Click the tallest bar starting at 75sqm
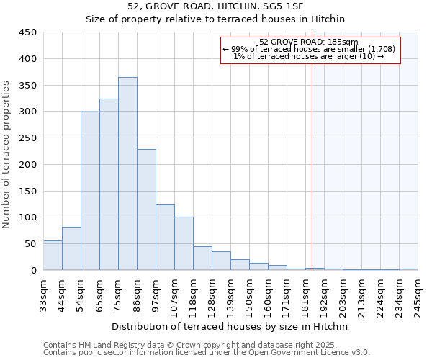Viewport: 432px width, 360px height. (x=127, y=174)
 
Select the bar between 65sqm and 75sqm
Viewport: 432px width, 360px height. (x=109, y=184)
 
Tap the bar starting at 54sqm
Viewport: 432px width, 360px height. (x=90, y=191)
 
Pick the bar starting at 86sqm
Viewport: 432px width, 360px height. (x=146, y=210)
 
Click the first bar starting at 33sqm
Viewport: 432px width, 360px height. (x=53, y=256)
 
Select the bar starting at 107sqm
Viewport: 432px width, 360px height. (x=184, y=243)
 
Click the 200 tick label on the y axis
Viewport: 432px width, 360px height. (x=29, y=164)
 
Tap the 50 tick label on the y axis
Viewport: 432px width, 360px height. (x=32, y=243)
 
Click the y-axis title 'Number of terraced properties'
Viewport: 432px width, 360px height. (x=6, y=155)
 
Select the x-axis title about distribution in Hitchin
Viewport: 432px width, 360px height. (x=230, y=326)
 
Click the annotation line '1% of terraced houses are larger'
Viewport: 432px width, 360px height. (x=308, y=56)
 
